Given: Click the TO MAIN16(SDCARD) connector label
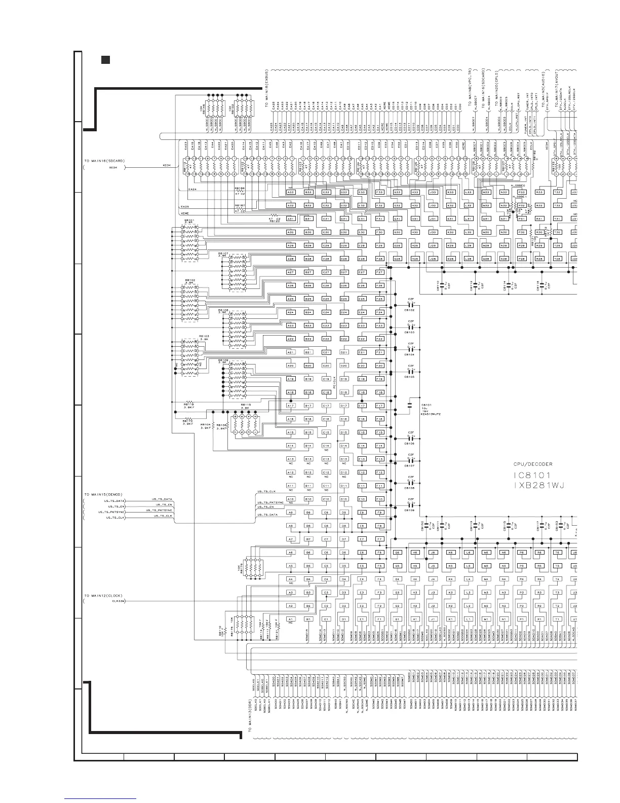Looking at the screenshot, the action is pyautogui.click(x=104, y=161).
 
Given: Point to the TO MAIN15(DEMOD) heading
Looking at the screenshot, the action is pyautogui.click(x=104, y=494).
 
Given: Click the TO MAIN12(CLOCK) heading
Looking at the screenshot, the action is pyautogui.click(x=104, y=595).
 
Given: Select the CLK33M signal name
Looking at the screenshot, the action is pyautogui.click(x=118, y=601).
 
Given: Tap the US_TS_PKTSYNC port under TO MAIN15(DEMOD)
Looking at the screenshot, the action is pyautogui.click(x=116, y=512).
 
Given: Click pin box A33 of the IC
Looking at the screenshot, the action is pyautogui.click(x=291, y=192).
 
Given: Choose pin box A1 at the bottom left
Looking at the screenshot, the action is pyautogui.click(x=291, y=619).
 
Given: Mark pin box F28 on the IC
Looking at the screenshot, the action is pyautogui.click(x=379, y=259).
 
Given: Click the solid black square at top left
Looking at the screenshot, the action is pyautogui.click(x=105, y=60).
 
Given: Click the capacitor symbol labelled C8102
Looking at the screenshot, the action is pyautogui.click(x=411, y=306).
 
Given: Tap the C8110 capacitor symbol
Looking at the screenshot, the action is pyautogui.click(x=442, y=286).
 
